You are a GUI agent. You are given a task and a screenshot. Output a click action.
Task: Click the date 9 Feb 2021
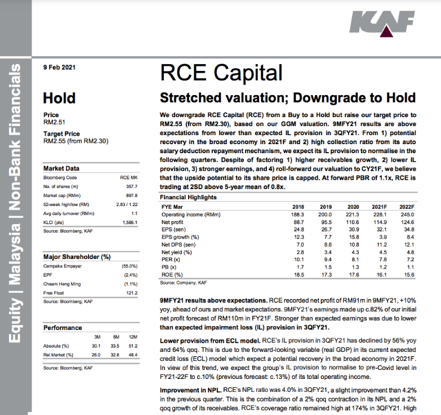(60, 68)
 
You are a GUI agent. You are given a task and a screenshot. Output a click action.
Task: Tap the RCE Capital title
(221, 73)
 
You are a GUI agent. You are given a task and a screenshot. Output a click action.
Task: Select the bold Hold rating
(59, 98)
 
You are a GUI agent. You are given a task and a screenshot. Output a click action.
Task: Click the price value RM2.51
(55, 122)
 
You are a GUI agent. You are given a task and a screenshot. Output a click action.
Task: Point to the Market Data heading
(61, 168)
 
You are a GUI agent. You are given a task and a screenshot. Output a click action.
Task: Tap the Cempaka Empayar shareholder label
(63, 266)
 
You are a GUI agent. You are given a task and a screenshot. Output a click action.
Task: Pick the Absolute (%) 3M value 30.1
(96, 346)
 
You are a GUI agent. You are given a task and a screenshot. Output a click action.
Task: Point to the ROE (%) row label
(172, 274)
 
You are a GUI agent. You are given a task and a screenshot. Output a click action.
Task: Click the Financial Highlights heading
(188, 198)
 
